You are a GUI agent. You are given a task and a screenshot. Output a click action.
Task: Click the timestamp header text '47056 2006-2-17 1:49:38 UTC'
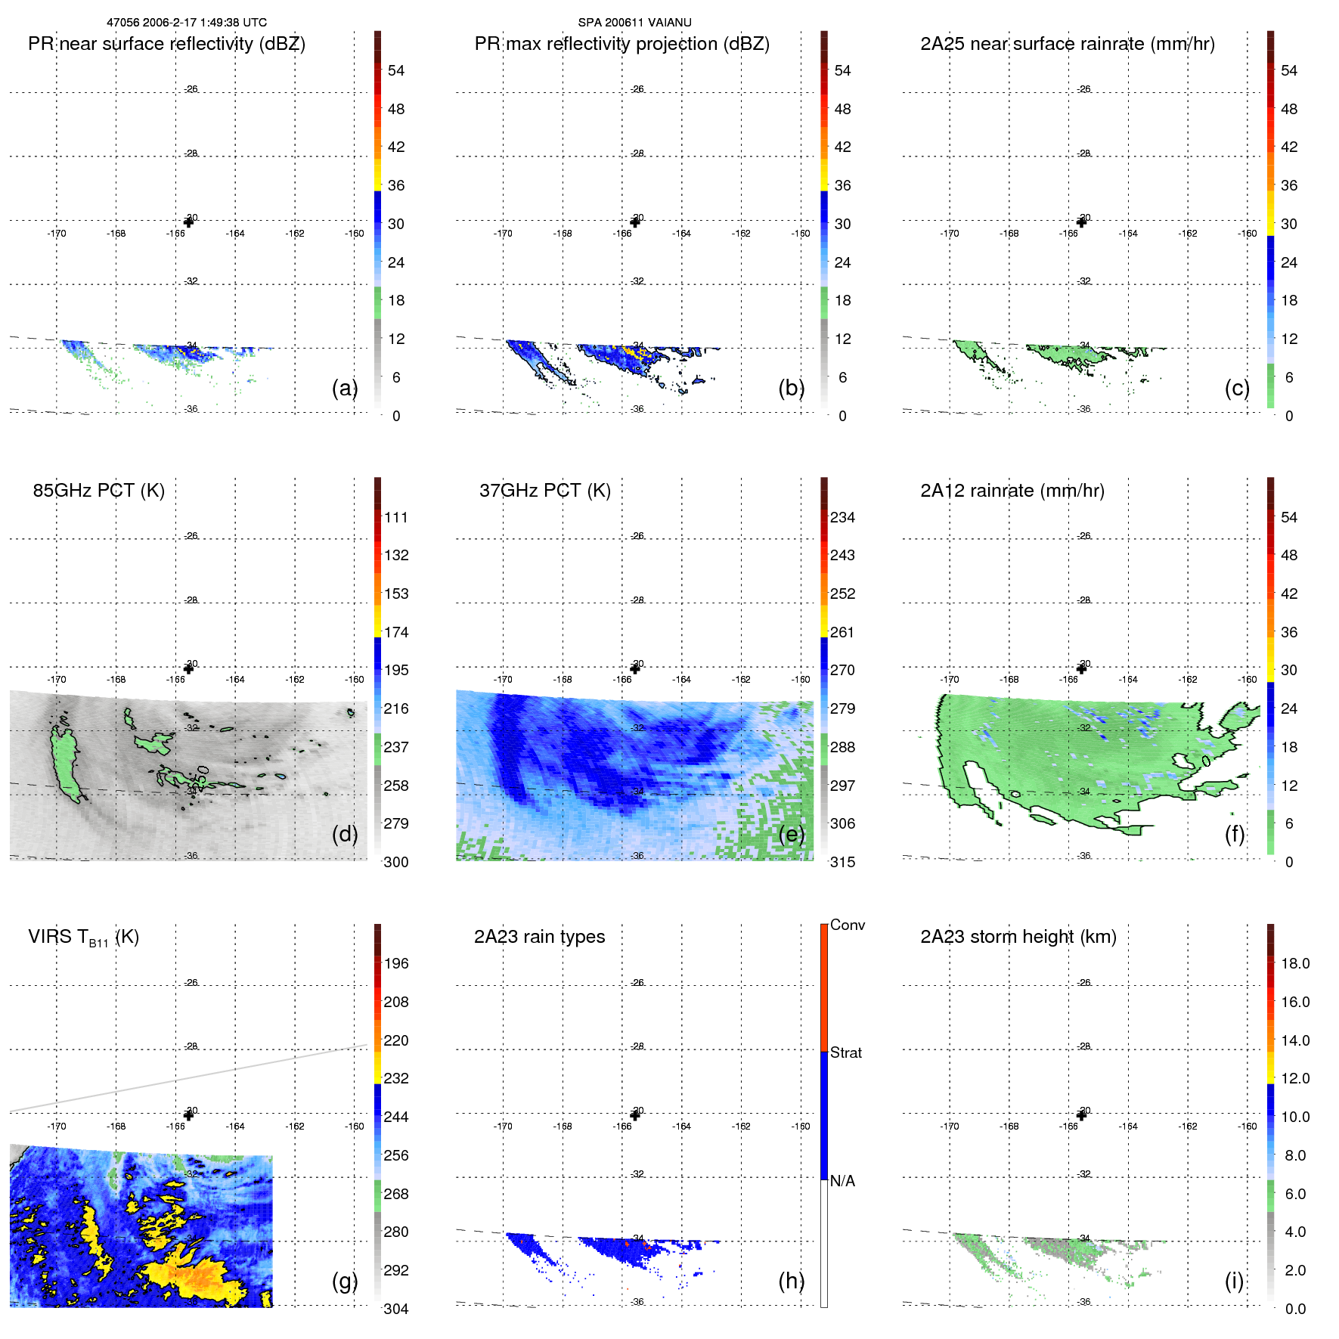click(186, 23)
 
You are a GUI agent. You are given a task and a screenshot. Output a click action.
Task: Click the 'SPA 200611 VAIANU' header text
click(634, 23)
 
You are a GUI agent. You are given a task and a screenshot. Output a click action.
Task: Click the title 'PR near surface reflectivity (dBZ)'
click(166, 44)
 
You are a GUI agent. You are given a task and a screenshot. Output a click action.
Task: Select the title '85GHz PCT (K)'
click(98, 491)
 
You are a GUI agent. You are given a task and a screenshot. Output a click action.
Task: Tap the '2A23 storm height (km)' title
click(1018, 937)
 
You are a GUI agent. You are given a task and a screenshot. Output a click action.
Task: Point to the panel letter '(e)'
click(791, 834)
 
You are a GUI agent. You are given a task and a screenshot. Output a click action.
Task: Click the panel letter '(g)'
click(345, 1281)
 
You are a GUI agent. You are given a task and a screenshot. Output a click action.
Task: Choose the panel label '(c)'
click(1237, 388)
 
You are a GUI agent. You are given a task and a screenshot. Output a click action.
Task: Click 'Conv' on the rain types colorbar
click(847, 925)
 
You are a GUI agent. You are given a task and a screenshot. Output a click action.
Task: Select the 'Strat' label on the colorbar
click(846, 1052)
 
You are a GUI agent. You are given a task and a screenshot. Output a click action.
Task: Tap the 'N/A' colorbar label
click(842, 1181)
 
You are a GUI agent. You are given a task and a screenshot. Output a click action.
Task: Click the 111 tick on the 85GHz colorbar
click(396, 517)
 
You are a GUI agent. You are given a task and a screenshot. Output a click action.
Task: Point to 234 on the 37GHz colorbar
click(842, 517)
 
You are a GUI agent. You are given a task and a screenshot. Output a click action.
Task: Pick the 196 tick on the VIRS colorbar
click(396, 963)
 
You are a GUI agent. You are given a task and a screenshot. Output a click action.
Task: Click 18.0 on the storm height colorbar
click(1295, 963)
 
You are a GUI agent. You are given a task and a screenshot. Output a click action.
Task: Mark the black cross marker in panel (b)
click(635, 222)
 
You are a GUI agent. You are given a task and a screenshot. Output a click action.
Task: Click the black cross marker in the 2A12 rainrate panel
click(1081, 668)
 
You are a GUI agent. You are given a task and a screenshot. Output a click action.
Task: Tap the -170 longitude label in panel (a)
click(57, 234)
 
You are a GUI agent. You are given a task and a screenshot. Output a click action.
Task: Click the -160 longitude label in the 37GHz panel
click(801, 680)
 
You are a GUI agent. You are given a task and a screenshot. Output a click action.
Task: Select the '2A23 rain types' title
click(539, 937)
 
